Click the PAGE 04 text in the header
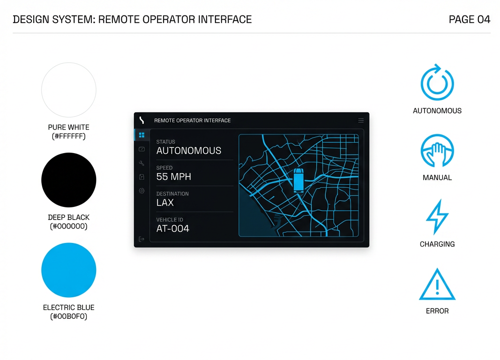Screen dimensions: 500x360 click(469, 19)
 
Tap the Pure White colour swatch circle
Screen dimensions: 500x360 click(69, 90)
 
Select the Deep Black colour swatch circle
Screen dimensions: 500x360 click(69, 180)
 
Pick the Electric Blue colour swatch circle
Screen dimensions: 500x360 click(69, 270)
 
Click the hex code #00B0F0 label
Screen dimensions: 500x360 click(69, 316)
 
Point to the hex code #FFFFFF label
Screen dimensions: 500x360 click(69, 136)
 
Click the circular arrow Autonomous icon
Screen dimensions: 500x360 click(437, 83)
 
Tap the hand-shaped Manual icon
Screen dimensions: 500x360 click(437, 151)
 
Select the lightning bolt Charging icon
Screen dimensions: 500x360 click(437, 217)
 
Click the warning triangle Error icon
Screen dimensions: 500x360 click(437, 285)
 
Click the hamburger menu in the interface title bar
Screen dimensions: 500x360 click(361, 120)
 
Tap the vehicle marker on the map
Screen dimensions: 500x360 click(299, 180)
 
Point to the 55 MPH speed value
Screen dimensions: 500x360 click(173, 177)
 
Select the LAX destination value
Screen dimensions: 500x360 click(165, 203)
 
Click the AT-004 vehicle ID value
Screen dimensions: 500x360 click(173, 229)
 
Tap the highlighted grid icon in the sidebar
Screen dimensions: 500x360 click(142, 135)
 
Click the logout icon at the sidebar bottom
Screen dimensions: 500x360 click(142, 239)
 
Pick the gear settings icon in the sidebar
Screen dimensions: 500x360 click(142, 191)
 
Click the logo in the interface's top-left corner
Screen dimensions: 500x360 click(142, 120)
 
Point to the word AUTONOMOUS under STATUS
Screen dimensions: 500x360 click(188, 151)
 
